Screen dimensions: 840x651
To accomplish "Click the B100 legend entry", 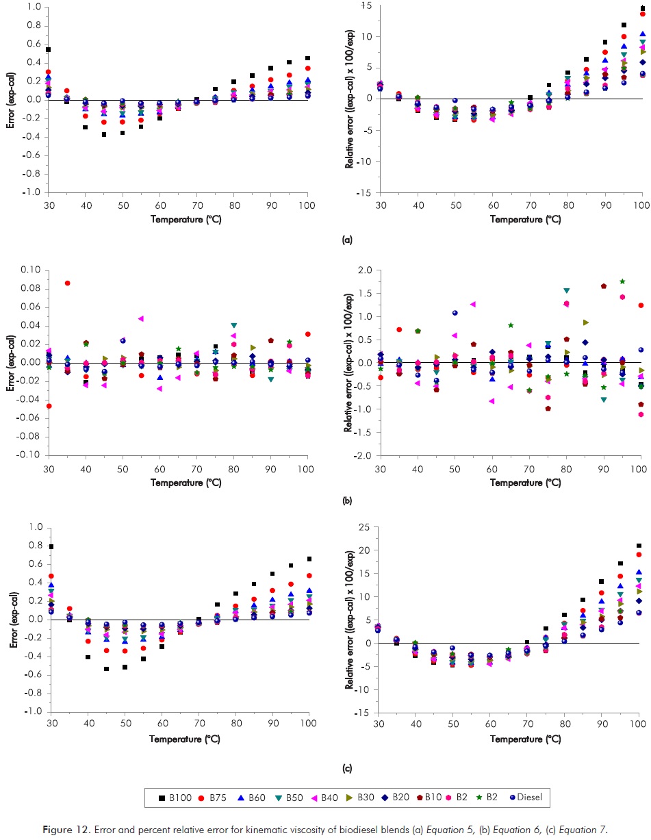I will (170, 797).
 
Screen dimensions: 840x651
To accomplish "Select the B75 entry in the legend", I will (208, 797).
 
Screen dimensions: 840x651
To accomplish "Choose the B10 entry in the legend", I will (432, 797).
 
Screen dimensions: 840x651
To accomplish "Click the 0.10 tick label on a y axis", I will (30, 269).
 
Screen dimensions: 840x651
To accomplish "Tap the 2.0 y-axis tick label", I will (363, 270).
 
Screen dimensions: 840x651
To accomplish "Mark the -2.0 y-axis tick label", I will (362, 455).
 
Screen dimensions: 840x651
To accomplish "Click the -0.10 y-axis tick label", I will (28, 455).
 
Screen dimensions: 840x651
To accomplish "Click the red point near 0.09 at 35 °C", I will (67, 283).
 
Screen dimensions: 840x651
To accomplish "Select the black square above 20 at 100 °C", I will (639, 546).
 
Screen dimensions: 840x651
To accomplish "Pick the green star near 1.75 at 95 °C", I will (622, 281).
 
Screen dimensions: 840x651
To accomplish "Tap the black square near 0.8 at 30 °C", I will (51, 546).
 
